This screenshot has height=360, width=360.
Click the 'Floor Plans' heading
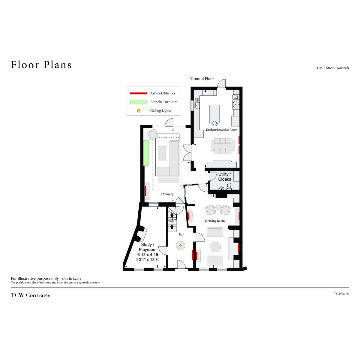click(41, 64)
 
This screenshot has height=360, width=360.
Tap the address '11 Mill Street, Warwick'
click(332, 68)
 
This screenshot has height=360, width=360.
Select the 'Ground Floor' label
click(202, 79)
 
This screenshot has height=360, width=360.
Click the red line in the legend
click(139, 93)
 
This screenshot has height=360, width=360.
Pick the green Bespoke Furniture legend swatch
click(139, 102)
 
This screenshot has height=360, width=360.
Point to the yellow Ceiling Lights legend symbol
click(139, 111)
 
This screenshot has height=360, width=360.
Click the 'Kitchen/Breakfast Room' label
click(221, 130)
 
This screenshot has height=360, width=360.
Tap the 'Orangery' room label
click(167, 194)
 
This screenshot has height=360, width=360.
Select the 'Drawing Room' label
click(215, 220)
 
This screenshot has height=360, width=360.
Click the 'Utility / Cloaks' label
click(225, 176)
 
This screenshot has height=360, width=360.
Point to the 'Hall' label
click(181, 234)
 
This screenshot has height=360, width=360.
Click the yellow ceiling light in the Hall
click(181, 245)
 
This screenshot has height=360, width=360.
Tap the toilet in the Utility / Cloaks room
click(229, 186)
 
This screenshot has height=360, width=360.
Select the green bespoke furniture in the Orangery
click(146, 153)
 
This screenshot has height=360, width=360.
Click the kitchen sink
click(197, 105)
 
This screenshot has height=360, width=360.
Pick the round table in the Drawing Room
click(216, 247)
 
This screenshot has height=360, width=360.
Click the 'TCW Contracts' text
click(31, 295)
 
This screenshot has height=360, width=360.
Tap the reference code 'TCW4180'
click(341, 294)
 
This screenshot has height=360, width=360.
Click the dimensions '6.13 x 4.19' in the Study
click(148, 254)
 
